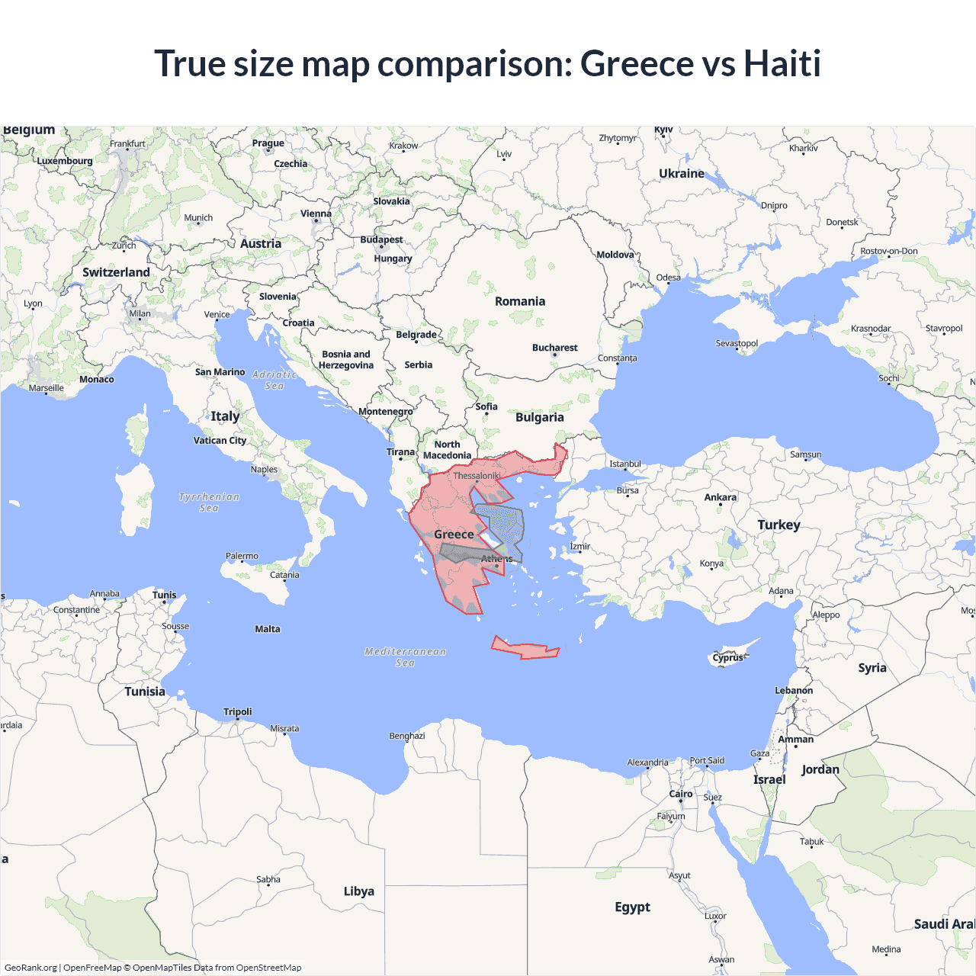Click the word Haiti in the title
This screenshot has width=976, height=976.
782,63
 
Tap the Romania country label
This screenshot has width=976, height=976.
520,301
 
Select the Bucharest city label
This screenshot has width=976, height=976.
554,348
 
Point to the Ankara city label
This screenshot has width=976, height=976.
720,497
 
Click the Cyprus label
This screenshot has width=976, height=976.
727,657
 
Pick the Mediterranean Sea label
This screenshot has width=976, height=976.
405,657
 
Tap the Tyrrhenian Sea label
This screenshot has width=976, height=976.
209,502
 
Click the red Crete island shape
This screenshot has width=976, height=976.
526,650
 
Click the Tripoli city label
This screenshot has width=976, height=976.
237,711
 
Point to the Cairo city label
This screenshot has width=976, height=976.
680,794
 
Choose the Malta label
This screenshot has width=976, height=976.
268,629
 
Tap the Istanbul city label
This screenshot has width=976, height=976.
625,464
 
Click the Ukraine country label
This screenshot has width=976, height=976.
682,174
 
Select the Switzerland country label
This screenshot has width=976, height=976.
116,272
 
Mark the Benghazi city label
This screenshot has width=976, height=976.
407,736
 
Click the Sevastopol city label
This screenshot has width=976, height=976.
737,343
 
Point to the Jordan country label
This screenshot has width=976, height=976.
820,769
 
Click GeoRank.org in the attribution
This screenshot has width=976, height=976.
30,968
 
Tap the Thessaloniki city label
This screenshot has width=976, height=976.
477,476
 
